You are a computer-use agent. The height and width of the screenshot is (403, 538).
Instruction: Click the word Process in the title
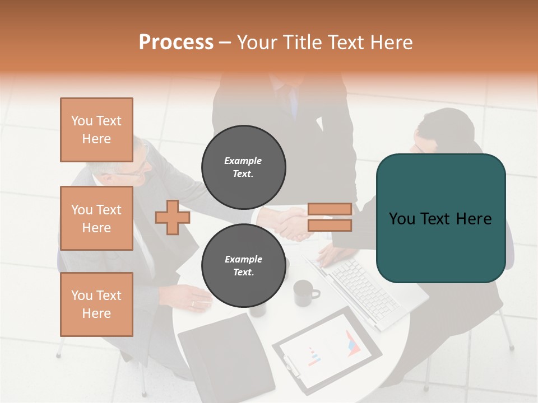click(x=176, y=43)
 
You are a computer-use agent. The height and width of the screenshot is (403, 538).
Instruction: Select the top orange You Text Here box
click(x=96, y=130)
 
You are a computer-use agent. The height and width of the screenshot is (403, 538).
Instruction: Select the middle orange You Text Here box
click(x=96, y=218)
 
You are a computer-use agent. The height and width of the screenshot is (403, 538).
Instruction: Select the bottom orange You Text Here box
click(x=96, y=304)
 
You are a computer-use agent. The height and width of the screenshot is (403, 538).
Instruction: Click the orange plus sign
click(x=172, y=218)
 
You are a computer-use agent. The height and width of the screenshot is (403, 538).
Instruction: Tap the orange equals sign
click(x=330, y=217)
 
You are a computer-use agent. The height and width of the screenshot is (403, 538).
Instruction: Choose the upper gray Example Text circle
click(x=244, y=167)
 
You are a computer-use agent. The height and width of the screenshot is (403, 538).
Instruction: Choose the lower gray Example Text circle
click(x=244, y=266)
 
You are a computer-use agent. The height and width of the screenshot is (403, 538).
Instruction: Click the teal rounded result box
click(x=440, y=218)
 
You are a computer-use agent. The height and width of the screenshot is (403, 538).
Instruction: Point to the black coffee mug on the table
click(x=304, y=293)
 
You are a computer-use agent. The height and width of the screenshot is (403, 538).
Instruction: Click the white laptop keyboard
click(x=364, y=288)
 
